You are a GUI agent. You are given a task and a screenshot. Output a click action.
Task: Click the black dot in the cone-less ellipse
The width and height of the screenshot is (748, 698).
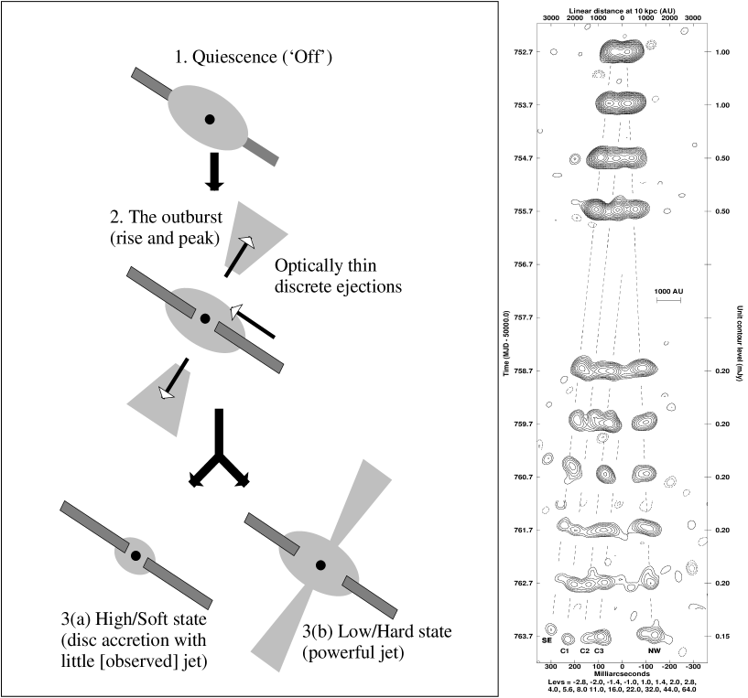click(210, 119)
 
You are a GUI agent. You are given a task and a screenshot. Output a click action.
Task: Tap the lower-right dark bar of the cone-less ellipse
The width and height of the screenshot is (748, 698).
click(262, 153)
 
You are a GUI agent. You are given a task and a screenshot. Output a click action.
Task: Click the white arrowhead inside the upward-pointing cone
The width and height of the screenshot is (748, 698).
click(246, 242)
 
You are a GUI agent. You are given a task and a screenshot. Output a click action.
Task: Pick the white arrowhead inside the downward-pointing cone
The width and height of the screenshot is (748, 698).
click(166, 393)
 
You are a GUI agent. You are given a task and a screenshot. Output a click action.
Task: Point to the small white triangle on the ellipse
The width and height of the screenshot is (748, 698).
click(236, 312)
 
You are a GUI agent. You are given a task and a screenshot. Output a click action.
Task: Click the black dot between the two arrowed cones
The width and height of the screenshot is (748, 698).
click(205, 318)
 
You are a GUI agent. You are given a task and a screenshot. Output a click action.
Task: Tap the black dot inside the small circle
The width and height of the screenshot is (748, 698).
click(136, 555)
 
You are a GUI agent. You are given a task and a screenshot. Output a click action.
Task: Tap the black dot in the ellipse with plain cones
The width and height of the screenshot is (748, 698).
click(320, 565)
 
